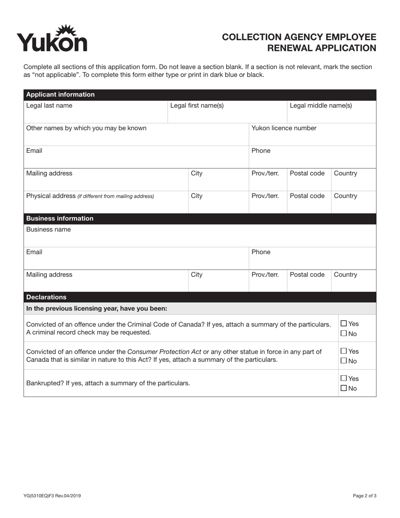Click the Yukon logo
(x=52, y=39)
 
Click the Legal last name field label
(x=49, y=105)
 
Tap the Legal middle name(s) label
(x=321, y=105)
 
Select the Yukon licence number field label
(x=284, y=128)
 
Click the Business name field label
(x=48, y=230)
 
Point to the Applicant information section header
(x=60, y=94)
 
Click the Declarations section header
(x=46, y=297)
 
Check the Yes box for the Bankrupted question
(x=344, y=378)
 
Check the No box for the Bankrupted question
(x=344, y=388)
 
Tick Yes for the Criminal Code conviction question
(x=344, y=323)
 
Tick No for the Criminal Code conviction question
(x=344, y=334)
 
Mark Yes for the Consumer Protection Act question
(x=344, y=351)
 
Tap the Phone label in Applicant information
(x=261, y=151)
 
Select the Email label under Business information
(x=34, y=252)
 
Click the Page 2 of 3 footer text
(x=364, y=496)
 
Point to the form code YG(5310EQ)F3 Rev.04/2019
(x=52, y=496)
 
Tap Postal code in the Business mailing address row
(x=307, y=275)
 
